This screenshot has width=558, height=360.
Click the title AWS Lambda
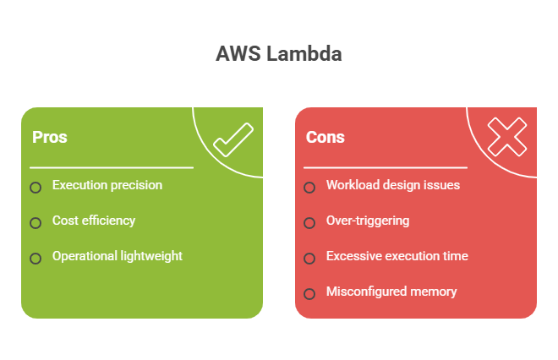click(279, 54)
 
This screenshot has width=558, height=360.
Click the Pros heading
click(50, 137)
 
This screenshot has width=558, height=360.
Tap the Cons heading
click(325, 137)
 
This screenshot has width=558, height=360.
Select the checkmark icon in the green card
click(233, 139)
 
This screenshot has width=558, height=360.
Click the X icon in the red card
click(507, 137)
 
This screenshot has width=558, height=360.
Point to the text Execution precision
click(107, 185)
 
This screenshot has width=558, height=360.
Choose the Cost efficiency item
click(94, 221)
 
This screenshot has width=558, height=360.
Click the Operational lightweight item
click(118, 256)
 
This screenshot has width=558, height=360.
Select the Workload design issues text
click(393, 185)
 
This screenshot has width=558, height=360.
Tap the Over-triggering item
click(368, 221)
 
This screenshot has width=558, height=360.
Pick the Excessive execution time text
click(397, 256)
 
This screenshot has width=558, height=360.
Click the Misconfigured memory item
click(391, 292)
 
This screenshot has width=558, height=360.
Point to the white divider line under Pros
click(112, 167)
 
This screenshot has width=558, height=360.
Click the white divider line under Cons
click(386, 167)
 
